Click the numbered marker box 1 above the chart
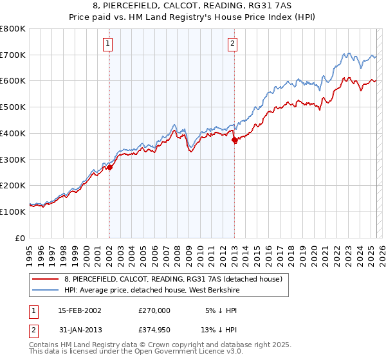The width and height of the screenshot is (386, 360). tap(107, 44)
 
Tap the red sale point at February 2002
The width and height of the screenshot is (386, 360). tap(110, 167)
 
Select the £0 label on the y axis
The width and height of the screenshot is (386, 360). tap(21, 238)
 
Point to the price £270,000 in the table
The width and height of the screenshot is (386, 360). tap(154, 310)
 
